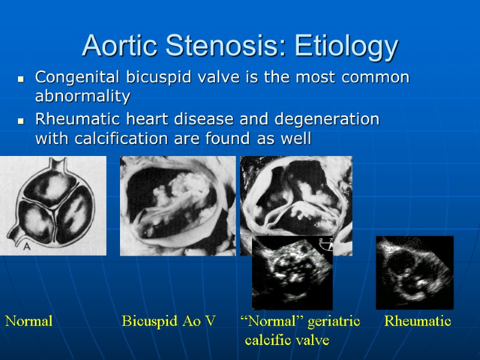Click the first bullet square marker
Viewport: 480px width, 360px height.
point(22,79)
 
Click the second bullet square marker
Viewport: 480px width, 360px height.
point(22,121)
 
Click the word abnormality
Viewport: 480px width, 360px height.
point(83,96)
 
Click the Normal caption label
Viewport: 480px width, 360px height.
point(29,322)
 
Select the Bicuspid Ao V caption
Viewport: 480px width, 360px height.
point(169,322)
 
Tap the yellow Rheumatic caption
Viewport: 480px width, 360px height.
point(418,322)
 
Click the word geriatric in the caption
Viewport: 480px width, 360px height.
point(334,322)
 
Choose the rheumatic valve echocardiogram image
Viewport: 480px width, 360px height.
point(415,272)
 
